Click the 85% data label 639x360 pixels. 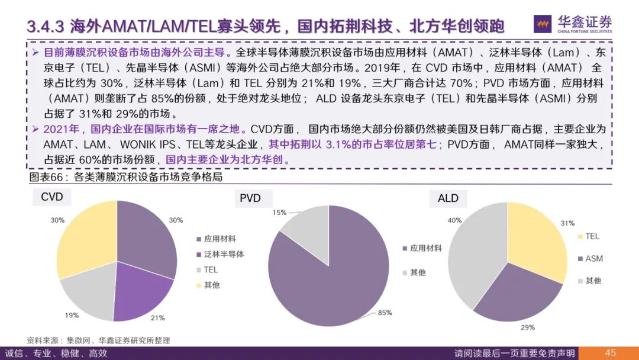tap(384, 313)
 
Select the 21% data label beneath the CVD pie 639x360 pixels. tap(157, 318)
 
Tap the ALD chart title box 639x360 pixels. tap(448, 198)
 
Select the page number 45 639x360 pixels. tap(610, 353)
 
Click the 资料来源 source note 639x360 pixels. tap(98, 340)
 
